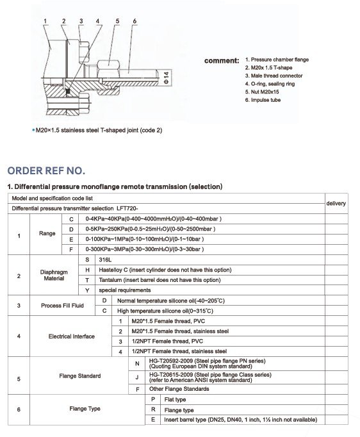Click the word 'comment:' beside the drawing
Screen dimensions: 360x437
(222, 61)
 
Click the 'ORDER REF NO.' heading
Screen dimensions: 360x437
(45, 171)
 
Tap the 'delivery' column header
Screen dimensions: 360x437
(336, 203)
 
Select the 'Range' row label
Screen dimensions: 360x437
(47, 234)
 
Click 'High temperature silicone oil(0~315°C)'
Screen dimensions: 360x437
(170, 310)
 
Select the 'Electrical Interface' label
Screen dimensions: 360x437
(72, 336)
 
